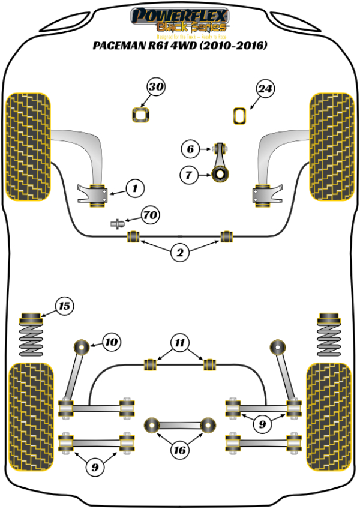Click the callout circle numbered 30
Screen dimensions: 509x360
click(156, 88)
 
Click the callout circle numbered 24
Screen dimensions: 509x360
click(265, 89)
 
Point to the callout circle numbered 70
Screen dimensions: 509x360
click(151, 214)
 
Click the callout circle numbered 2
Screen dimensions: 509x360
click(179, 253)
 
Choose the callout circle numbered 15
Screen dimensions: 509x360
click(64, 307)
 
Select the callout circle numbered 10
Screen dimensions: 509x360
click(110, 343)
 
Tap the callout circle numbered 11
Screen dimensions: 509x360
click(178, 343)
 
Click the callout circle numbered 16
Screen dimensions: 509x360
click(179, 450)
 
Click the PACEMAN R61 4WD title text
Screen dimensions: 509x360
click(179, 46)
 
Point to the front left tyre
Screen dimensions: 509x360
click(28, 146)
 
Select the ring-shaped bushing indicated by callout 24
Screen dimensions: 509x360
click(240, 115)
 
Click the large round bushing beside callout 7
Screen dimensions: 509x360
click(220, 175)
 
